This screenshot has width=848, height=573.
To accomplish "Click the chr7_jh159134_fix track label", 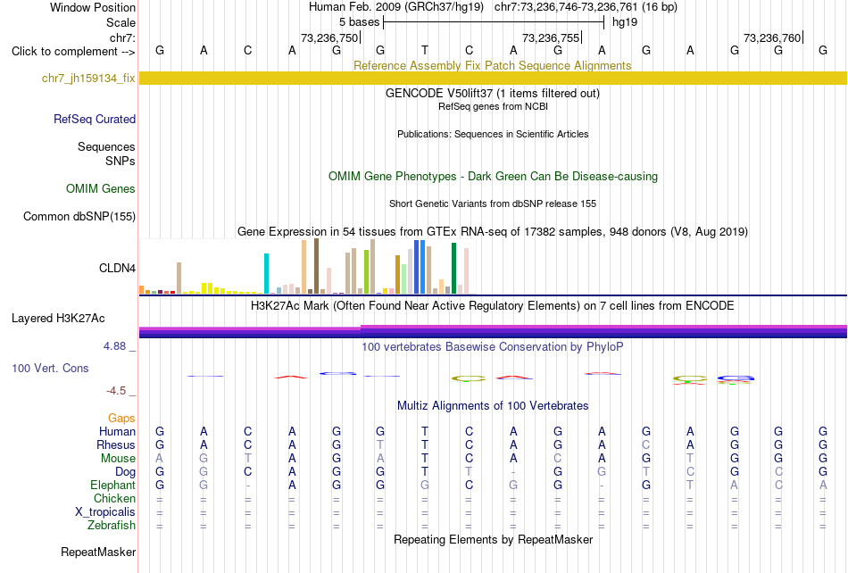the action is coord(88,79).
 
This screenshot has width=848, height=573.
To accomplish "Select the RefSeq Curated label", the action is coord(95,119).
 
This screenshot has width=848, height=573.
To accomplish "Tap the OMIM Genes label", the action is coord(101,188).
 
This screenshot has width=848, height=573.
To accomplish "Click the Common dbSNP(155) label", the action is coord(79,216).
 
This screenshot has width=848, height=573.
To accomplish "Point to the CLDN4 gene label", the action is coord(117,268).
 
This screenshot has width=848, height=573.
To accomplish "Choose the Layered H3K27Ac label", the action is coord(58,319).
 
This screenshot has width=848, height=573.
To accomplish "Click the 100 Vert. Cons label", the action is coord(50,368).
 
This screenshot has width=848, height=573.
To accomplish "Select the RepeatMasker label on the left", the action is coord(98,552).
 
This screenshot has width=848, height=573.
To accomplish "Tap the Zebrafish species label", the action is coord(112,525).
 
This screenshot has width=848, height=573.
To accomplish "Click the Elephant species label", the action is coord(113,485).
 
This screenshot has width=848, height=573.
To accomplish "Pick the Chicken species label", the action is coord(114,498).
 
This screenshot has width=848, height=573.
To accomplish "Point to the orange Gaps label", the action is coord(121,418).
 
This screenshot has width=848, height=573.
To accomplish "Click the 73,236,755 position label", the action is coord(551,37).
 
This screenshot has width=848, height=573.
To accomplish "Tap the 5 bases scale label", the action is coord(360,22).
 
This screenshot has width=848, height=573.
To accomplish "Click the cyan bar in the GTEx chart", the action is coord(266,273).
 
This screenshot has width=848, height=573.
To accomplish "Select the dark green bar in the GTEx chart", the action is coord(453,269).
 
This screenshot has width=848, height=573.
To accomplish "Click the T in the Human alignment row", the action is coord(425,431).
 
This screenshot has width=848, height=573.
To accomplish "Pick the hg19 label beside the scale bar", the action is coord(625,22).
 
